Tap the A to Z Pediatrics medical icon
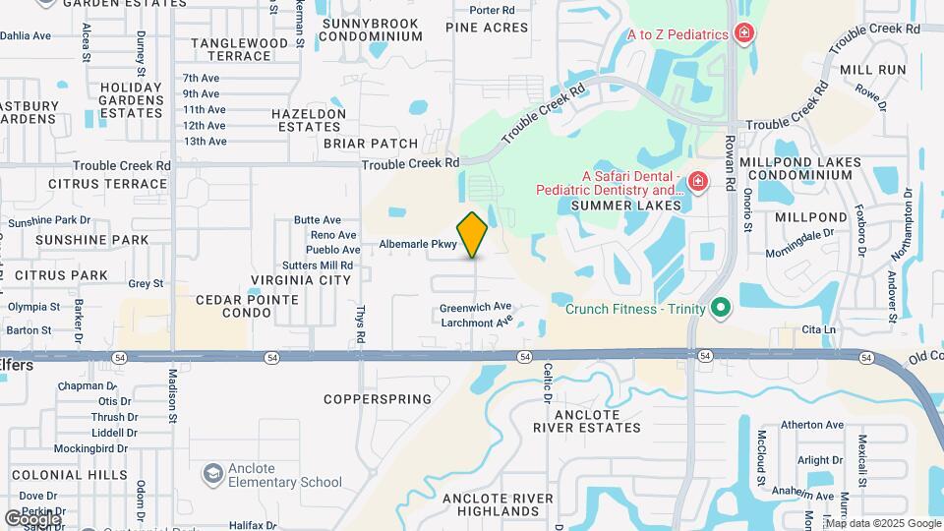pos(745,34)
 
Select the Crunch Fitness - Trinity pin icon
pos(721,309)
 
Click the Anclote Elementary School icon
pos(212,475)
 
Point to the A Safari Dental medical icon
pos(697,182)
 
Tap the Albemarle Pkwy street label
pos(419,244)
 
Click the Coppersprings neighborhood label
pos(379,399)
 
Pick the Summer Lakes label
pos(626,206)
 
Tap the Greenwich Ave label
pos(476,307)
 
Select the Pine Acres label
pos(487,28)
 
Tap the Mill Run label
pos(872,70)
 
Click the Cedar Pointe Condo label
pos(233,306)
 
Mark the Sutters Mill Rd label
pos(318,265)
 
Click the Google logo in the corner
pos(31,518)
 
